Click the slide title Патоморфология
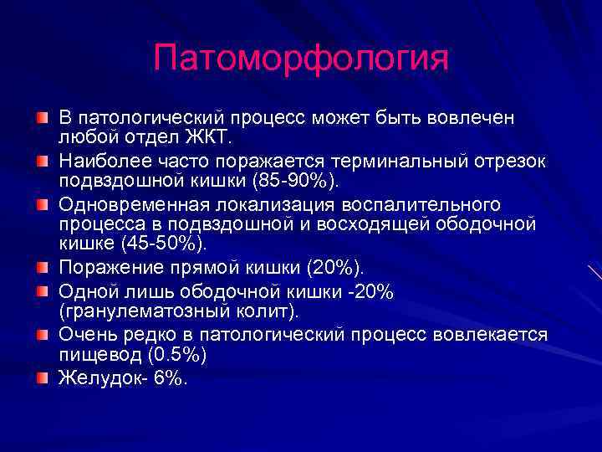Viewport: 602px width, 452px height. tap(301, 59)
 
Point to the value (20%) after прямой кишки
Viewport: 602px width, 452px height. tap(335, 268)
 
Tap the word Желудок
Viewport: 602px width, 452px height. tap(92, 378)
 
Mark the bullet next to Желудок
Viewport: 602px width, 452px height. tap(42, 378)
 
